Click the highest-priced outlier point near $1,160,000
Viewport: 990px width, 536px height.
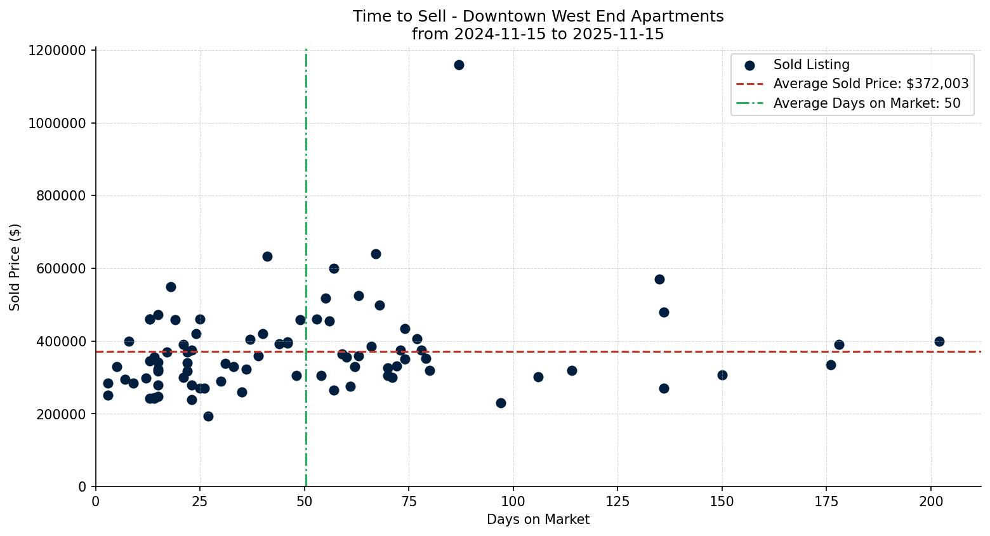(x=459, y=65)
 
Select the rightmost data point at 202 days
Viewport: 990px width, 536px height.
(x=939, y=341)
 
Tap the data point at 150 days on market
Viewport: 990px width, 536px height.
(x=722, y=375)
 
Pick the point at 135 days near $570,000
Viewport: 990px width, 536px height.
(x=659, y=279)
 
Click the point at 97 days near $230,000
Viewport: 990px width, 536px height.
(x=501, y=403)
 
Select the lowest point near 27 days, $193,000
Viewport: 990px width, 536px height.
(x=208, y=416)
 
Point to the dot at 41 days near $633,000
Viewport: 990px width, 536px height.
(x=267, y=256)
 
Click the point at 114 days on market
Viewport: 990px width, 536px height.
(x=572, y=370)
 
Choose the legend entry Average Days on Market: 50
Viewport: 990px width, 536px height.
(x=866, y=103)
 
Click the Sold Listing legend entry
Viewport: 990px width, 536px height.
(x=811, y=65)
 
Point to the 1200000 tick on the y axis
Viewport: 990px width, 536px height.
(x=57, y=50)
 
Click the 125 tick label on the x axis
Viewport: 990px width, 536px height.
(x=617, y=502)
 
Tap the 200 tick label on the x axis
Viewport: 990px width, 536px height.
(x=930, y=502)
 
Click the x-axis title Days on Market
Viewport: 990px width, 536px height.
(x=538, y=520)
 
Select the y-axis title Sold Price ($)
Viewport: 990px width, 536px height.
(x=15, y=267)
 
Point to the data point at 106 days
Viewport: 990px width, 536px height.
(x=538, y=377)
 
